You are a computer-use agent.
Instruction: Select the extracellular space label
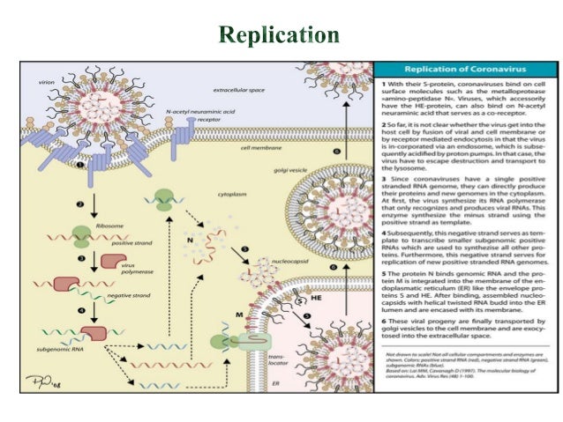tap(236, 91)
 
